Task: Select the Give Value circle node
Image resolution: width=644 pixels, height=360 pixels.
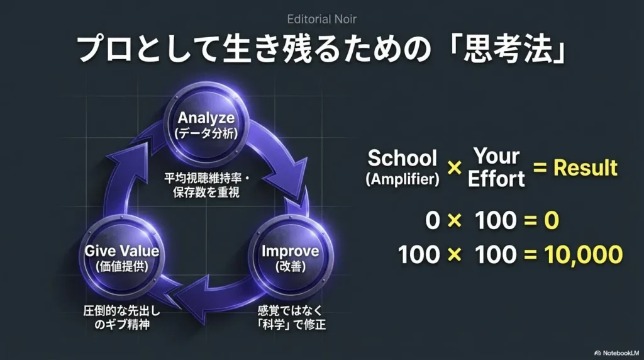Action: (121, 257)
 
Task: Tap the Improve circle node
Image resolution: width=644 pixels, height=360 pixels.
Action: (291, 257)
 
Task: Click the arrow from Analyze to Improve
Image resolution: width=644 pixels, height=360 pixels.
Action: (284, 164)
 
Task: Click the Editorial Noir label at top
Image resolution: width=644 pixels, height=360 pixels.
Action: (321, 19)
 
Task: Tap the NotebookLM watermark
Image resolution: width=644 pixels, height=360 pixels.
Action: (616, 352)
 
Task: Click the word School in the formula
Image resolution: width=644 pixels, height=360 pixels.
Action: (402, 158)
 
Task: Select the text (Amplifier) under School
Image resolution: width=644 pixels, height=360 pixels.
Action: (402, 179)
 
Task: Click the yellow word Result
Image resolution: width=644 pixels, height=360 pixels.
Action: (586, 167)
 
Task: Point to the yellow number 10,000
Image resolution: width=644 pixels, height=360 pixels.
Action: (584, 254)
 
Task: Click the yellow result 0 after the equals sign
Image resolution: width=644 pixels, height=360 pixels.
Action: (552, 220)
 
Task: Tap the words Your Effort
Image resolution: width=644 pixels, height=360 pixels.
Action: (496, 167)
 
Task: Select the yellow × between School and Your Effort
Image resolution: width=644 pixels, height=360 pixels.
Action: (454, 167)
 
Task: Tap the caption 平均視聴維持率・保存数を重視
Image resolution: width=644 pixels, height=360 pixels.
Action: (206, 185)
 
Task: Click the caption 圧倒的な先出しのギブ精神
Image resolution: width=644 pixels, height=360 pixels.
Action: (122, 318)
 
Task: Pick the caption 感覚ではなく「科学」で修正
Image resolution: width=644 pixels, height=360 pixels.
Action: (291, 318)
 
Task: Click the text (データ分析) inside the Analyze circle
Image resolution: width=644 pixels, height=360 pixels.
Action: (206, 133)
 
